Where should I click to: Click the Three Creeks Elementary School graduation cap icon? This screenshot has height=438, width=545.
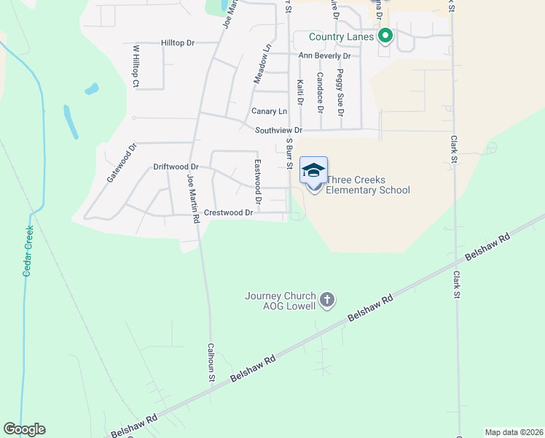(x=313, y=170)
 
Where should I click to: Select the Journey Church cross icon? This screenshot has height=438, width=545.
(x=327, y=299)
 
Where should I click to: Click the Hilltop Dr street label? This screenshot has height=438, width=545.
(x=178, y=43)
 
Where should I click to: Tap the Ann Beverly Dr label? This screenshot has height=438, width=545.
(x=324, y=55)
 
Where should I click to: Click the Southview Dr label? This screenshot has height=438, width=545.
(x=278, y=130)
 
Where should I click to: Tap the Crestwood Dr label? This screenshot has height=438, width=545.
(x=228, y=213)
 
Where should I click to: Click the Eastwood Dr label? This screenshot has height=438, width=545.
(x=257, y=182)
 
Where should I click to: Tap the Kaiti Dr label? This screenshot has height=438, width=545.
(x=299, y=93)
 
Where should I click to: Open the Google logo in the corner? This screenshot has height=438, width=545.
(x=24, y=429)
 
